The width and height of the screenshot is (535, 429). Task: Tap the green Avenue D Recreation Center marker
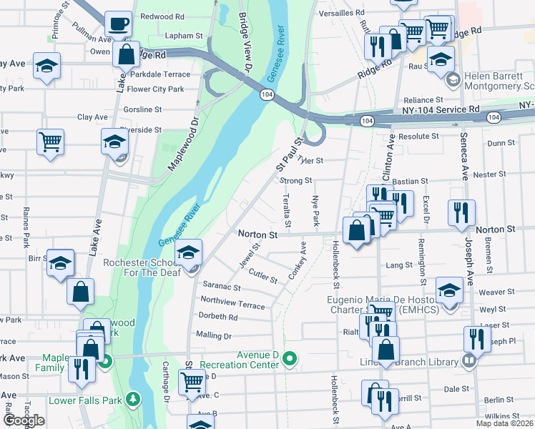289,358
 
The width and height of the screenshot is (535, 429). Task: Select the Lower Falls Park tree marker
132,398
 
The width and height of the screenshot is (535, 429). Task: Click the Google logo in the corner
23,420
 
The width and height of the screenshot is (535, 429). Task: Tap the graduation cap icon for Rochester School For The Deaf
189,253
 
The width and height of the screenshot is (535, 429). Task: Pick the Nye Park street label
315,211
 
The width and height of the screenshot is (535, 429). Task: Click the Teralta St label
287,211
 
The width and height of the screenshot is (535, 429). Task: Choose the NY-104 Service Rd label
436,109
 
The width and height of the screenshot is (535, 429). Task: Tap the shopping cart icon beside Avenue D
191,383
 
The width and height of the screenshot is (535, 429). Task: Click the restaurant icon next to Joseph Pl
476,339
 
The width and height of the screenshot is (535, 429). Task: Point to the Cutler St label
263,276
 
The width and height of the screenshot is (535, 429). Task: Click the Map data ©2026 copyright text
504,423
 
